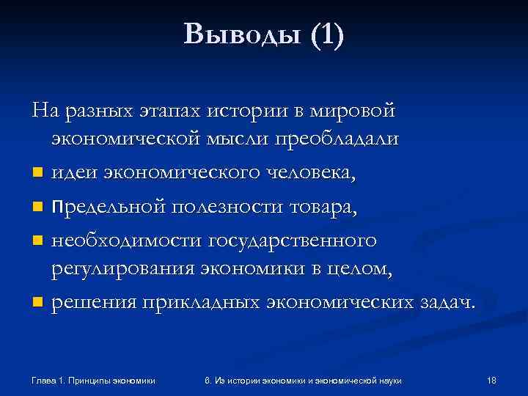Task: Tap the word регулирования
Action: (122, 269)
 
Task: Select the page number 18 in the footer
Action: (491, 380)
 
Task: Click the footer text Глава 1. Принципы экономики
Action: (94, 380)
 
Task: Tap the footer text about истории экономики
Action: (309, 380)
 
